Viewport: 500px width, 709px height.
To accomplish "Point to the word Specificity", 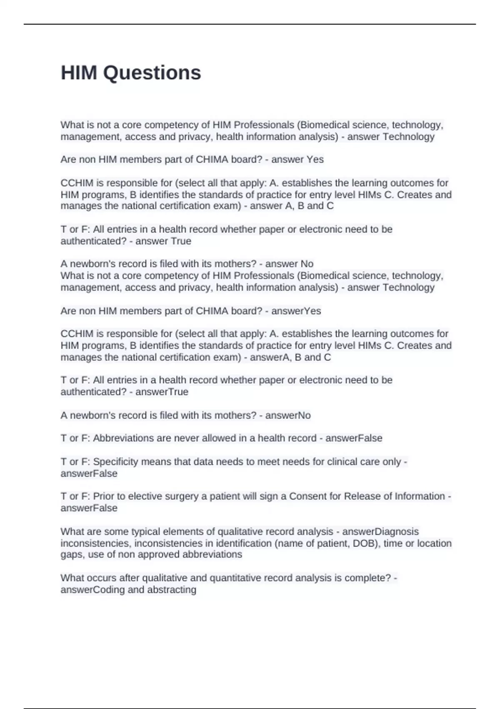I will click(x=115, y=462).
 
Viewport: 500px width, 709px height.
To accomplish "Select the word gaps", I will click(x=71, y=555).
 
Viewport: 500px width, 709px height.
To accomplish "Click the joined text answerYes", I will click(x=296, y=311).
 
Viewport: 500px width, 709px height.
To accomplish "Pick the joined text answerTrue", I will click(x=162, y=392).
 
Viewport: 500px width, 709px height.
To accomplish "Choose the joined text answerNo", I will click(x=288, y=415).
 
